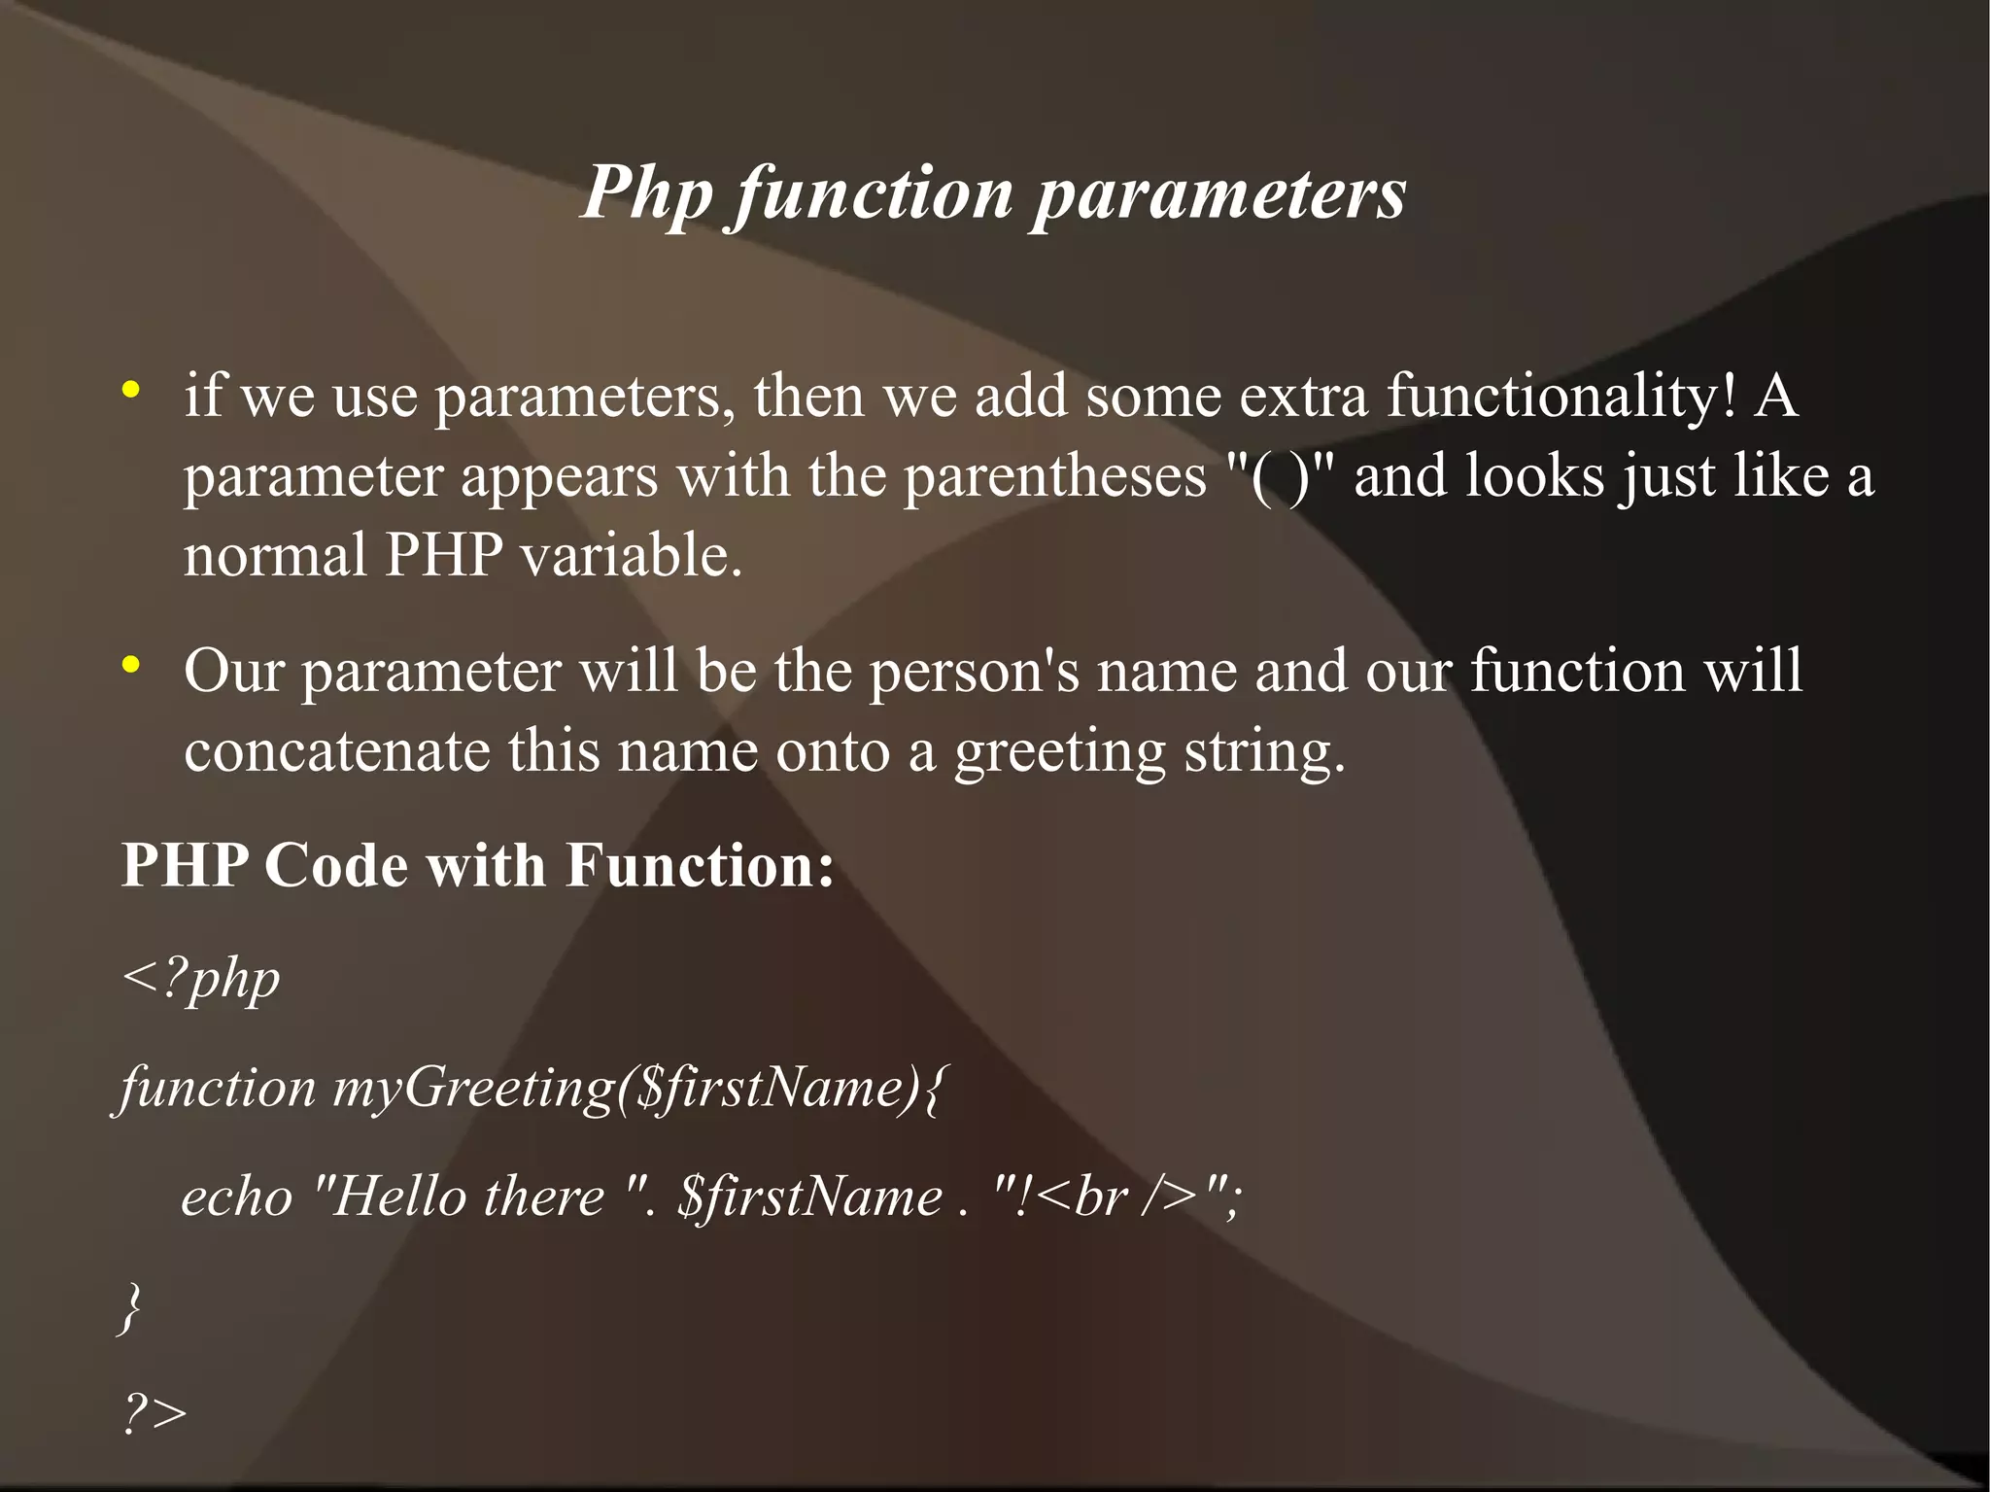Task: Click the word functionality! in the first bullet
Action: coord(1561,397)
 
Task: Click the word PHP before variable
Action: coord(444,556)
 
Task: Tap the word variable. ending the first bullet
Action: coord(631,556)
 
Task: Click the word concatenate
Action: coord(336,751)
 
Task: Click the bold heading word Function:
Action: coord(700,865)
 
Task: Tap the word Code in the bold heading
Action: coord(336,865)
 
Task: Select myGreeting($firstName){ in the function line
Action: coord(637,1088)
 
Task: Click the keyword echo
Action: coord(237,1197)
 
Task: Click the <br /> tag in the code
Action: coord(1117,1197)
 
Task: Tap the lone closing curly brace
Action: coord(130,1307)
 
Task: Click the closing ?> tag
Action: coord(154,1414)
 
